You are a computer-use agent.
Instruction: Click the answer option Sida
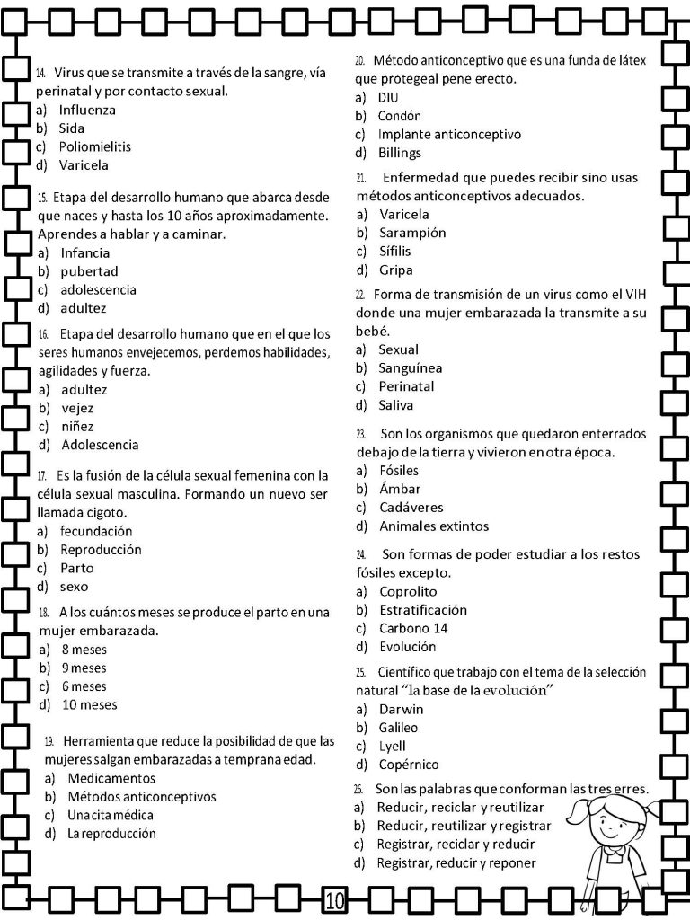(x=71, y=128)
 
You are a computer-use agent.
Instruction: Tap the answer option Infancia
(x=85, y=252)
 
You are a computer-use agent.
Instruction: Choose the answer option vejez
(x=77, y=408)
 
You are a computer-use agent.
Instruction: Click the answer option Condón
(x=399, y=116)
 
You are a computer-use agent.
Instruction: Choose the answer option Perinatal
(x=406, y=386)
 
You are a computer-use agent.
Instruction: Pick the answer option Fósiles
(x=399, y=470)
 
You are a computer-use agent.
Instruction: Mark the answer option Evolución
(x=407, y=646)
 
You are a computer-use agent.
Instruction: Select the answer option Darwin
(x=401, y=709)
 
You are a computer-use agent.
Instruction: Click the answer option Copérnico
(x=409, y=765)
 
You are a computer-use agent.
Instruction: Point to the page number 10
(x=334, y=900)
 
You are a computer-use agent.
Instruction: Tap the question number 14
(x=41, y=73)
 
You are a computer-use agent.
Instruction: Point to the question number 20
(x=359, y=60)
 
